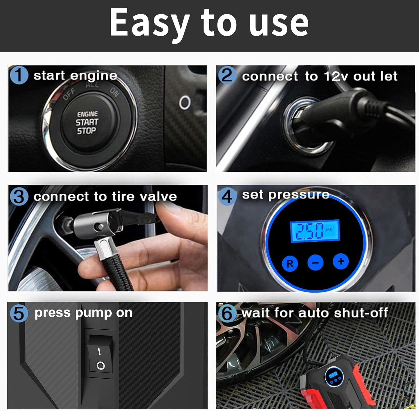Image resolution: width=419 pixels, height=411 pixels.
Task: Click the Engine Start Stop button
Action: click(87, 123)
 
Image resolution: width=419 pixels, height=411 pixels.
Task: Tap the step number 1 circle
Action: click(19, 75)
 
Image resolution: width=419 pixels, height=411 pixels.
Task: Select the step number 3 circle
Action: click(19, 197)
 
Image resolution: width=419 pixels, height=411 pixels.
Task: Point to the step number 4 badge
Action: click(227, 196)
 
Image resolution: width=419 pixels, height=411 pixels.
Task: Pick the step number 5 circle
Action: click(19, 313)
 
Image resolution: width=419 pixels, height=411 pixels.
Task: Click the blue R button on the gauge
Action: click(290, 263)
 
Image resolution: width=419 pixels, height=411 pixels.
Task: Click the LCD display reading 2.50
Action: click(315, 231)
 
